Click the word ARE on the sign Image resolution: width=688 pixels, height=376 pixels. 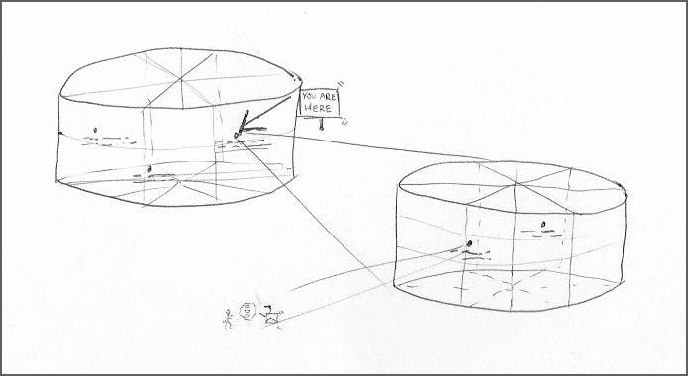pos(329,97)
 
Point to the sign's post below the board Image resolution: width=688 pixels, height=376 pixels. pos(322,124)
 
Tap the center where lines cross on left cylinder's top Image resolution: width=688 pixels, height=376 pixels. pos(181,80)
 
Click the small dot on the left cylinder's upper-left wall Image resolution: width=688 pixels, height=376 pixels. pos(95,130)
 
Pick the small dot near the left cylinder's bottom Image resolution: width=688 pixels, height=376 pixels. pos(150,169)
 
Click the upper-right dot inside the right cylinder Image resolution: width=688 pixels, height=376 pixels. pos(543,225)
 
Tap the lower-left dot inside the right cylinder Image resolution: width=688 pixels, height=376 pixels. pos(469,243)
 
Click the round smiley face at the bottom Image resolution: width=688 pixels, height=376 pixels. pos(248,311)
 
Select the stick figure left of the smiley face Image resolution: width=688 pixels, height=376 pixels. pos(228,320)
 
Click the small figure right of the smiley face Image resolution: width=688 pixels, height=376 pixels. pos(271,315)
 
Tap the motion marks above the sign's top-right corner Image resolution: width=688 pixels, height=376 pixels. pos(341,85)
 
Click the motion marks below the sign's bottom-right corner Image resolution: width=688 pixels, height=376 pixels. pos(344,121)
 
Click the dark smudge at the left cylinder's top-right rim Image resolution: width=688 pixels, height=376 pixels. pos(296,77)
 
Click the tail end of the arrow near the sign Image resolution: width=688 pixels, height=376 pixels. pos(290,97)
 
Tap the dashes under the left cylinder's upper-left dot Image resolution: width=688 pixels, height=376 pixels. pos(108,141)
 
